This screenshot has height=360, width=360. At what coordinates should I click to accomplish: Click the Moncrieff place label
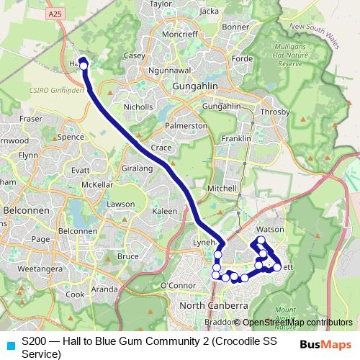point(179,34)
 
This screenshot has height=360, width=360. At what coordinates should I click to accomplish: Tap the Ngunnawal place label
point(167,71)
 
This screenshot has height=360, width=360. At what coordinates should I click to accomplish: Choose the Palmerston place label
point(186,125)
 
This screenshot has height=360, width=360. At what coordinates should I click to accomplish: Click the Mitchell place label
point(222,188)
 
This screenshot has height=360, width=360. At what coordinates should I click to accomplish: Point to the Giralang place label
point(138,168)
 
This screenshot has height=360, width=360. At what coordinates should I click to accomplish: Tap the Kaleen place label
point(164,211)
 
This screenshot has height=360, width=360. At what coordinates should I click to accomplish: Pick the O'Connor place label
point(176,286)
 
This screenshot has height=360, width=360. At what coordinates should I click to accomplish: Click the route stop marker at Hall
point(84,66)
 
